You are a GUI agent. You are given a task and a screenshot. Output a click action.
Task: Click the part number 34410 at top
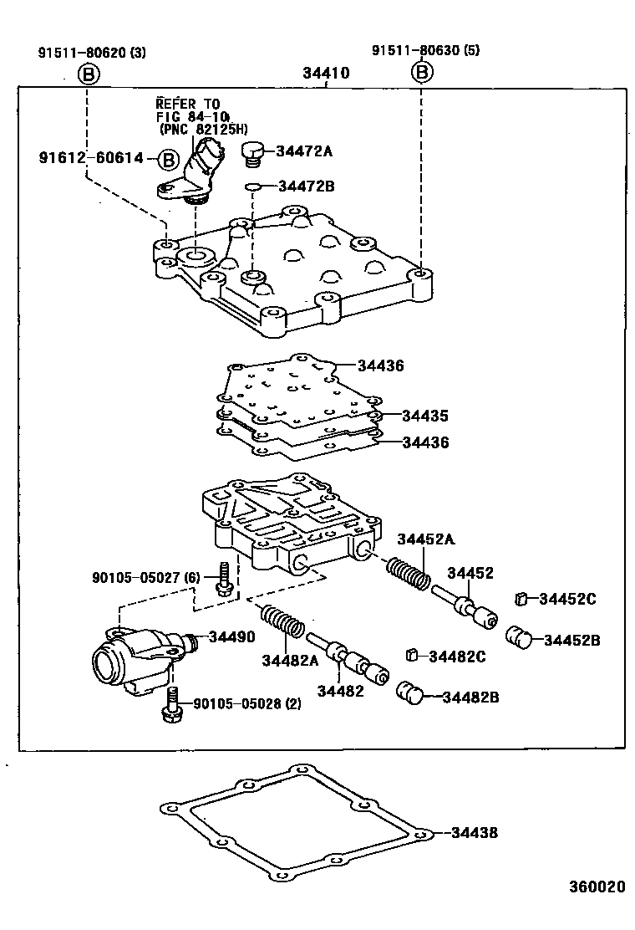point(326,74)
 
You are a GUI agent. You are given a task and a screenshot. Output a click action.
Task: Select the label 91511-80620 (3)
point(91,52)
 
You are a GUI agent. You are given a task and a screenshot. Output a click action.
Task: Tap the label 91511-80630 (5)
point(425,52)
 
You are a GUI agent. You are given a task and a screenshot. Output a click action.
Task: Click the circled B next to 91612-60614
point(168,158)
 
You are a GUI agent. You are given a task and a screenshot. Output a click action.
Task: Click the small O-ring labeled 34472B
point(254,187)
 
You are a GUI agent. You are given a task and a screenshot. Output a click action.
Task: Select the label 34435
point(424,416)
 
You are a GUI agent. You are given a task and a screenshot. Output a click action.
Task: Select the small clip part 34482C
point(410,654)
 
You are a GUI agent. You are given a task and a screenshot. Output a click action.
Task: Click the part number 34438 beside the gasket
point(474,832)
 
